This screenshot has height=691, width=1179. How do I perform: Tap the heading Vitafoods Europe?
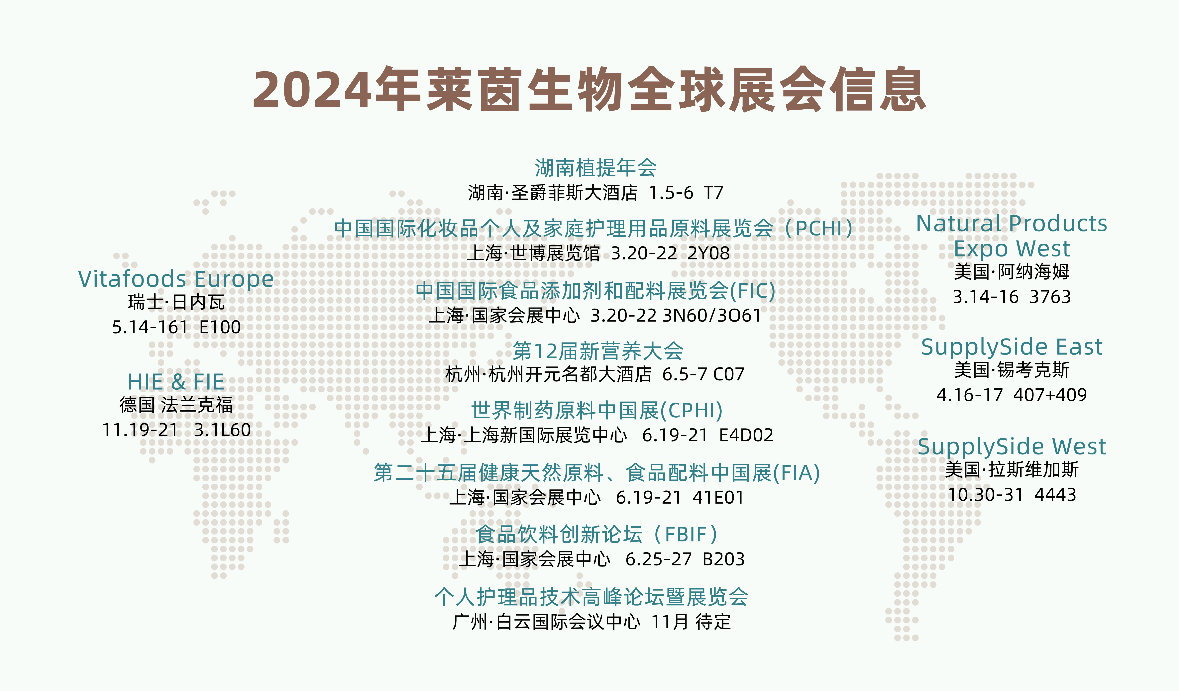pyautogui.click(x=176, y=279)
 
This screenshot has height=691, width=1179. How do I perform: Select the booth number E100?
pyautogui.click(x=220, y=327)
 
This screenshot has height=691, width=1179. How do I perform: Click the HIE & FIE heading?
pyautogui.click(x=176, y=382)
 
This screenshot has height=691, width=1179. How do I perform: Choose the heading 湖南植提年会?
pyautogui.click(x=595, y=167)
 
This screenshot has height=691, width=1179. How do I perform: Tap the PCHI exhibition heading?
pyautogui.click(x=593, y=228)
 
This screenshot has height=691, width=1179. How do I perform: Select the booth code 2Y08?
pyautogui.click(x=708, y=253)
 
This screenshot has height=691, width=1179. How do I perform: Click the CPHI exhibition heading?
pyautogui.click(x=597, y=410)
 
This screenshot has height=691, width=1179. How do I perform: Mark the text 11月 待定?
pyautogui.click(x=691, y=622)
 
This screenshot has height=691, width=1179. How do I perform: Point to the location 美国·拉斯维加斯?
pyautogui.click(x=1012, y=469)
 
